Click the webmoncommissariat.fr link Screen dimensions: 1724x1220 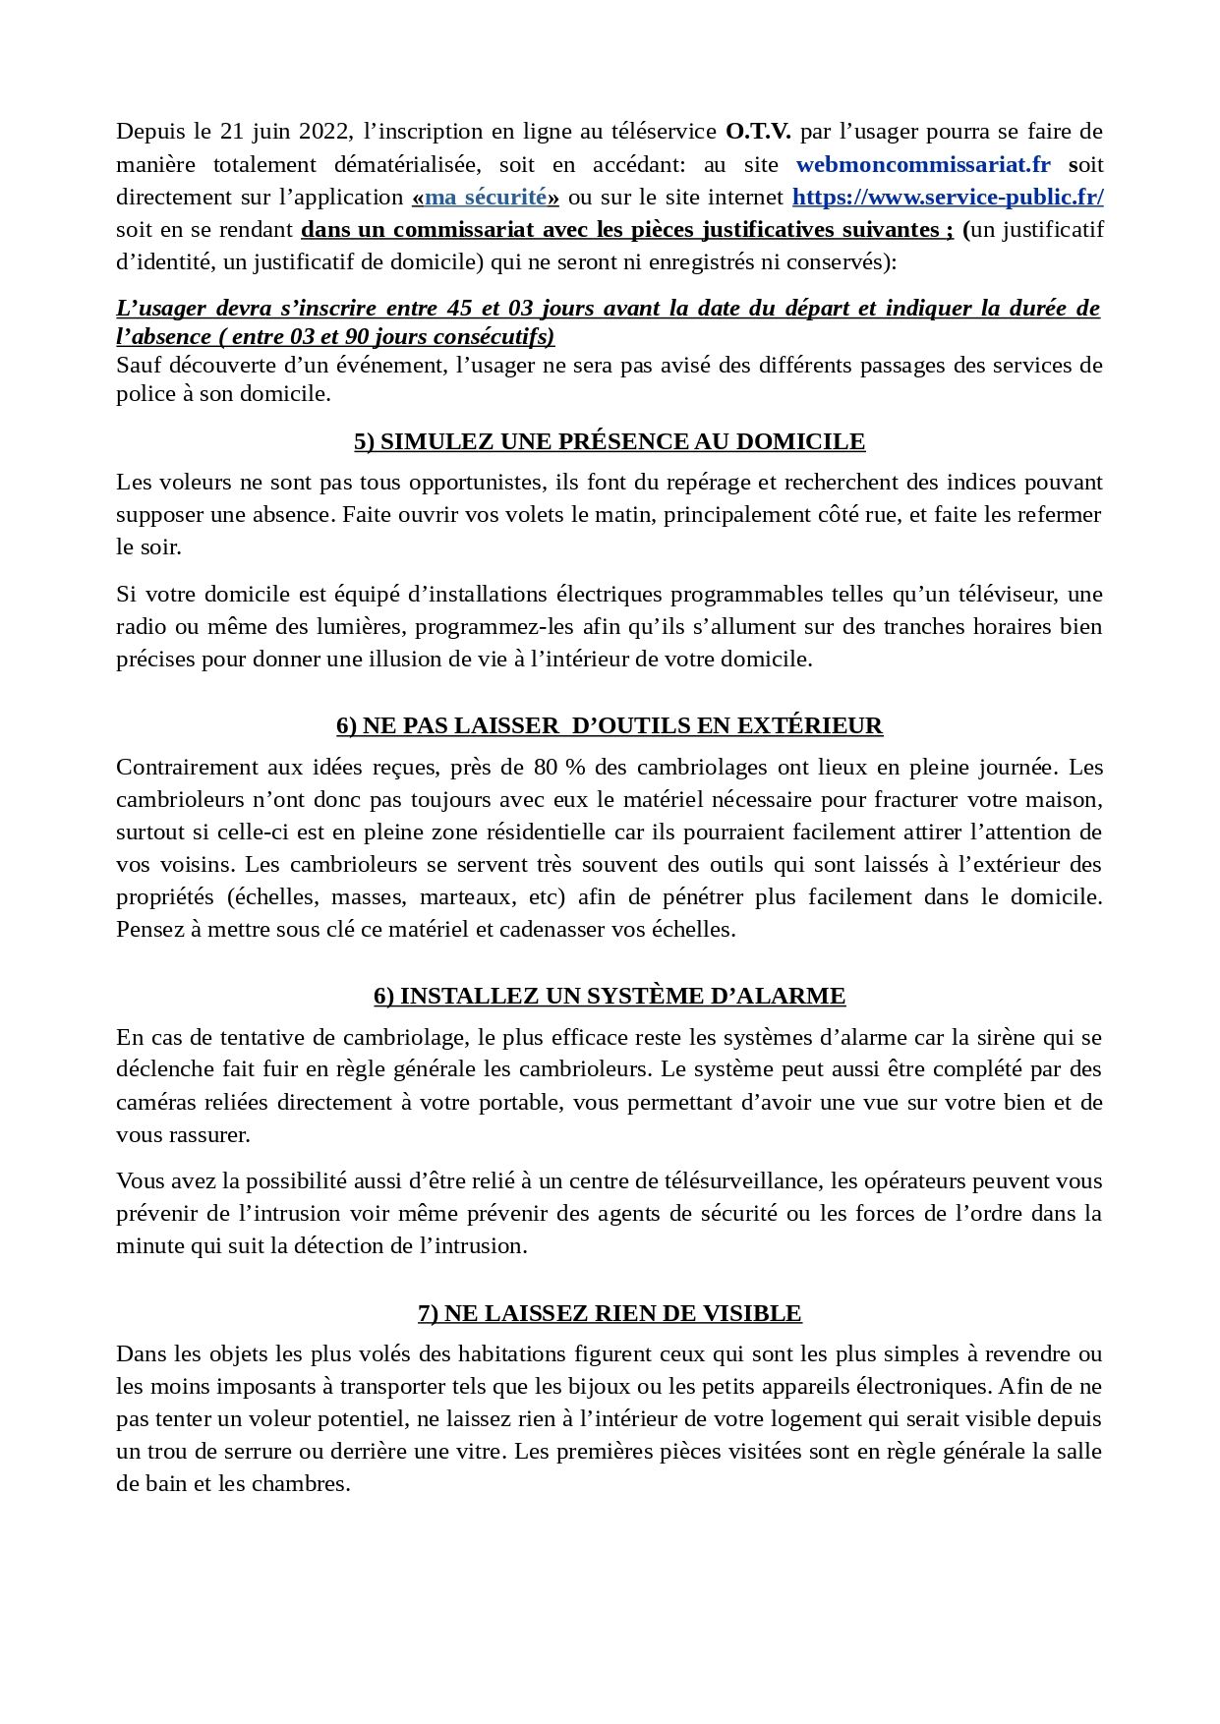point(923,164)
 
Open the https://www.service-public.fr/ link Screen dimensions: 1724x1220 point(948,197)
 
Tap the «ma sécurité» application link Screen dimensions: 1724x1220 point(486,197)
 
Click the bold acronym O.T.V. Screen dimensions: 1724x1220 point(758,132)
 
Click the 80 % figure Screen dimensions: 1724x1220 point(559,767)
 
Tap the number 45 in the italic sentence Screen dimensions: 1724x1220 point(459,308)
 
